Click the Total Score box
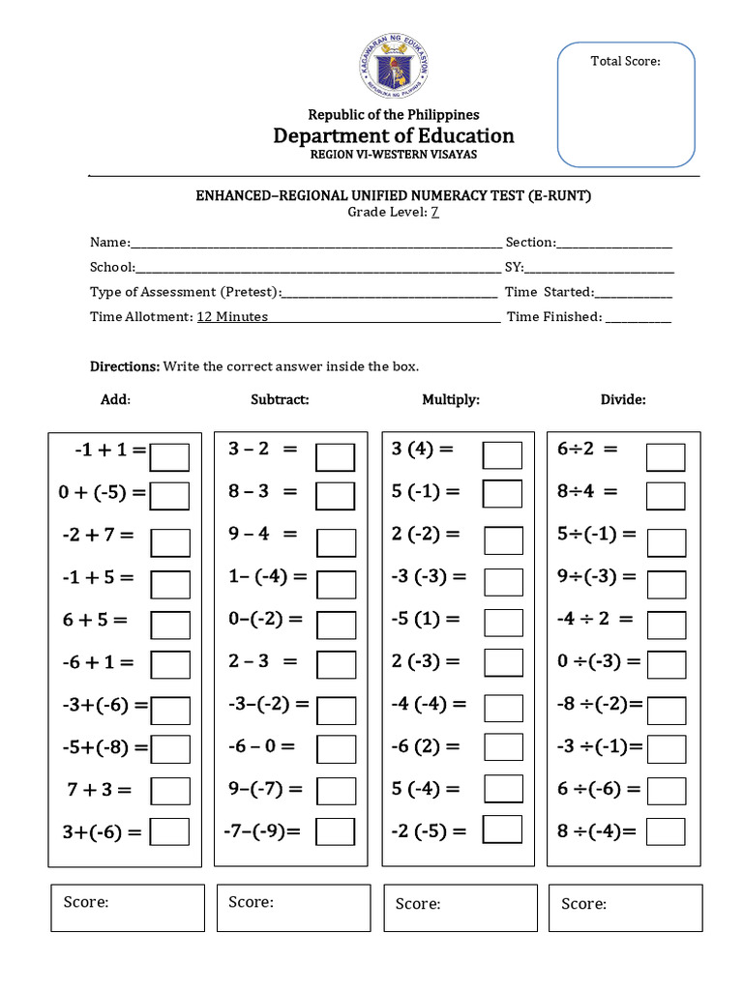pos(625,104)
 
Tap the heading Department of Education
pos(393,135)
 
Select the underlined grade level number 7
pos(435,213)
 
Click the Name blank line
pos(315,243)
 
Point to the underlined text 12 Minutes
pos(232,316)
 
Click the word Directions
pos(124,366)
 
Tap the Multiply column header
pos(451,399)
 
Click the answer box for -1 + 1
pos(170,456)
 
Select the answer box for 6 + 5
pos(170,623)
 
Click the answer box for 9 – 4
pos(336,539)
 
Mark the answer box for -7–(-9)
pos(336,831)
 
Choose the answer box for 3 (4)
pos(502,455)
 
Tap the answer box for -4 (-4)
pos(502,706)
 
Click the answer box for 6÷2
pos(666,456)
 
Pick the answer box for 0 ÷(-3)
pos(666,665)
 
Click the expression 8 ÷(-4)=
pos(597,831)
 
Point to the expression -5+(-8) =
pos(102,747)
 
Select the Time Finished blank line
pos(639,316)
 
